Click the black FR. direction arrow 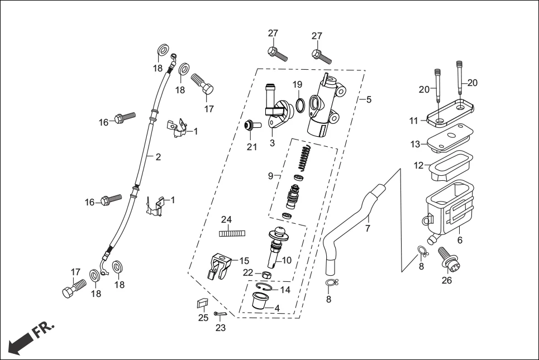tap(21, 342)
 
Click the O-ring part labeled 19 tap(300, 105)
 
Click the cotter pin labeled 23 tap(220, 314)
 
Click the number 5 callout tap(369, 100)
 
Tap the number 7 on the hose tap(367, 228)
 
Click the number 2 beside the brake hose tap(158, 157)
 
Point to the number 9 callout tap(270, 176)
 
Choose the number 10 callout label tap(287, 260)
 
